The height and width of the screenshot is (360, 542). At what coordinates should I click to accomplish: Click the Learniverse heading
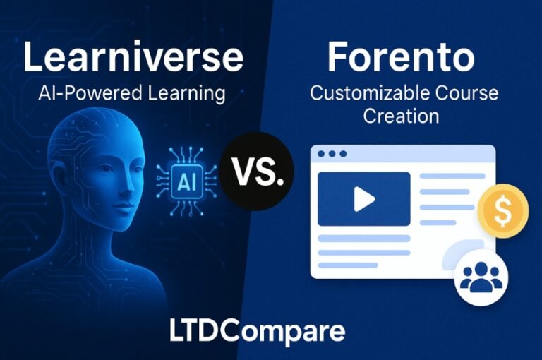click(x=133, y=56)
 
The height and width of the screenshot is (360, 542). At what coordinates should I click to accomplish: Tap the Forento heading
click(x=401, y=56)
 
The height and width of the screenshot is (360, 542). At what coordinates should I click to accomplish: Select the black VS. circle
click(x=256, y=172)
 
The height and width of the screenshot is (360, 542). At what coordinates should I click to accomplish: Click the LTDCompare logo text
click(x=257, y=330)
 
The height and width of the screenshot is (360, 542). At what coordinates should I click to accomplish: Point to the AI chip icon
click(x=187, y=181)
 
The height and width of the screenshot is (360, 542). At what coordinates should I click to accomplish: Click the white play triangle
click(x=364, y=199)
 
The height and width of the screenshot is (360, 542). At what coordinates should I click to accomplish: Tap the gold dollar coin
click(x=503, y=211)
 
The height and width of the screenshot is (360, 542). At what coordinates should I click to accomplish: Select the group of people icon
click(x=482, y=277)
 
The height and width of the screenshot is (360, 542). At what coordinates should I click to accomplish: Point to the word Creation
click(x=401, y=116)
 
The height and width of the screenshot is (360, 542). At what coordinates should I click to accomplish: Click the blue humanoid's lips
click(x=124, y=207)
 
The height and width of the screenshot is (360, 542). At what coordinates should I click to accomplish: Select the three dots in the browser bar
click(x=332, y=154)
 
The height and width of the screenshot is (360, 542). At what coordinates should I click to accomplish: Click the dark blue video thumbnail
click(x=364, y=199)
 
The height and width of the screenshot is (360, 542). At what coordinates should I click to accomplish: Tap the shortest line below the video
click(x=348, y=265)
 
